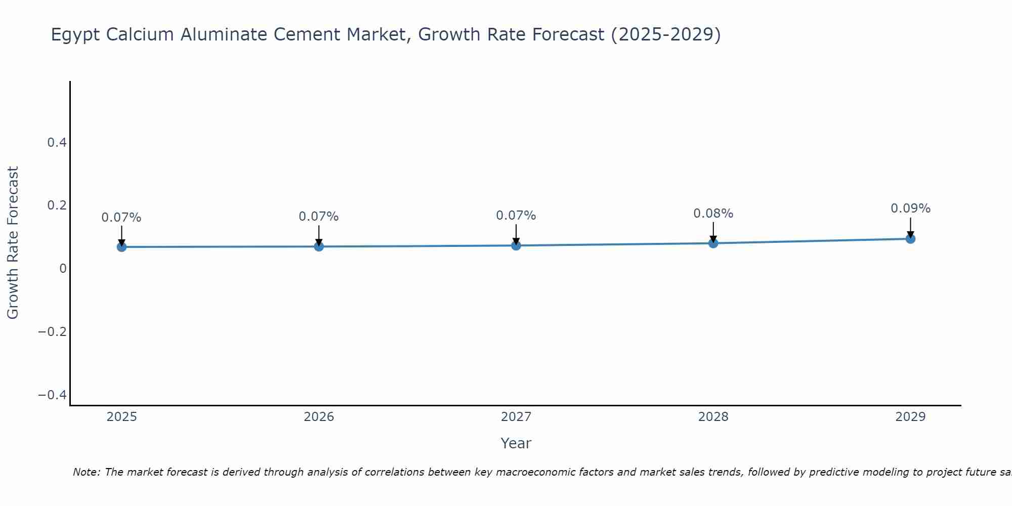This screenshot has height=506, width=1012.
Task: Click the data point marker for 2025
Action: (121, 247)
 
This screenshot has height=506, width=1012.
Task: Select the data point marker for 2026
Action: (319, 246)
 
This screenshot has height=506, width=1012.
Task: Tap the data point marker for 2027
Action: (516, 245)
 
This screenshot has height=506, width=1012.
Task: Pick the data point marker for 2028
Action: (713, 243)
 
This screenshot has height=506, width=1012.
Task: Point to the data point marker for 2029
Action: (910, 239)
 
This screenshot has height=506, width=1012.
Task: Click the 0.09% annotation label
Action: (910, 208)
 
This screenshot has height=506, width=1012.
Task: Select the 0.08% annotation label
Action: (713, 214)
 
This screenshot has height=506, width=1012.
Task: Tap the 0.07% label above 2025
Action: (121, 218)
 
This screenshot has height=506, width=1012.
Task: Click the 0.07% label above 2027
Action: (516, 216)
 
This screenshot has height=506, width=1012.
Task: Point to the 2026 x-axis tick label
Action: (319, 417)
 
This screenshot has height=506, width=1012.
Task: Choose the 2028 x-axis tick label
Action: (713, 417)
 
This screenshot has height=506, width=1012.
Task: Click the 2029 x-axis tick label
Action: (910, 417)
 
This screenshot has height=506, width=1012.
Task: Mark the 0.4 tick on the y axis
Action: (57, 143)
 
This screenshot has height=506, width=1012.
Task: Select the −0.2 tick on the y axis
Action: (53, 332)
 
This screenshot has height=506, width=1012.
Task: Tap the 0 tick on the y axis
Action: (63, 269)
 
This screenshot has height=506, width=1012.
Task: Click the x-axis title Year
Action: (516, 443)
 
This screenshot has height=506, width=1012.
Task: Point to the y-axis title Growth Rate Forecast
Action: (13, 243)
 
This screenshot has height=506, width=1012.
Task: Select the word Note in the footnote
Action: (86, 472)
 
